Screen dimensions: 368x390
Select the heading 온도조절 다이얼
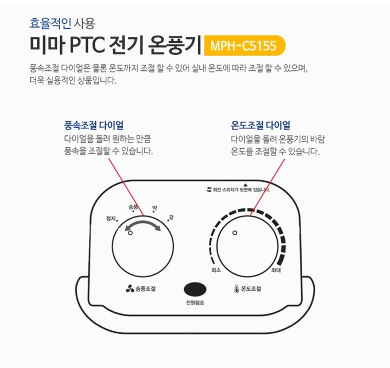260,126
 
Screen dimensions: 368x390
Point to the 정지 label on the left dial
112,219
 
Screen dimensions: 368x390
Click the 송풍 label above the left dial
133,207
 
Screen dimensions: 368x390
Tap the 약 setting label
154,207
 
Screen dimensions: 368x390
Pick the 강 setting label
171,217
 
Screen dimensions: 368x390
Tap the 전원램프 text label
194,303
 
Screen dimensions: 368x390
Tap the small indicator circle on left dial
130,233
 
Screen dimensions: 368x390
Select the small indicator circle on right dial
235,233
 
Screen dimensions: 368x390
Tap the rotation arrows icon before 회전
208,190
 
